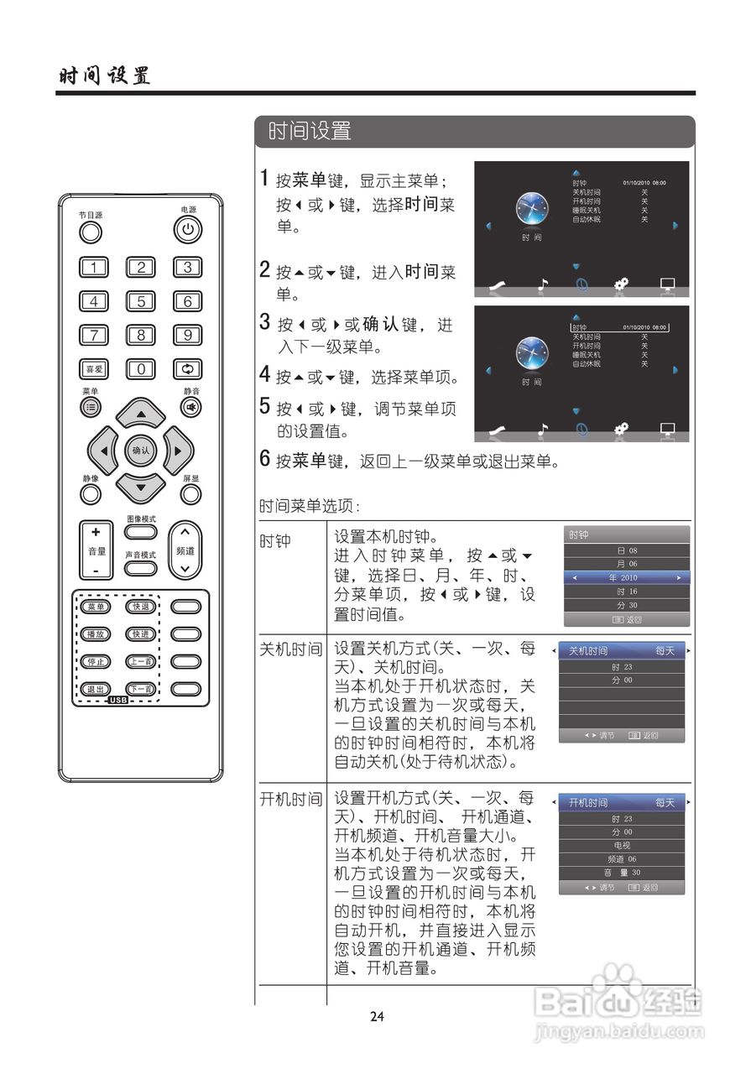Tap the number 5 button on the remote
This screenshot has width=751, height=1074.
point(141,301)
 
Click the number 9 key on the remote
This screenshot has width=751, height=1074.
point(187,335)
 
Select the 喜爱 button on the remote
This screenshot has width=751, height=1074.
point(94,368)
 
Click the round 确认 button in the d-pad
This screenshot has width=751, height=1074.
point(140,451)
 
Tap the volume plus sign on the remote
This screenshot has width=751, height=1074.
point(96,532)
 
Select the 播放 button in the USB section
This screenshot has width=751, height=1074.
point(94,634)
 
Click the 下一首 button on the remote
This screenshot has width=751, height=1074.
point(140,689)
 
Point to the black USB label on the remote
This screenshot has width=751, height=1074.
point(117,700)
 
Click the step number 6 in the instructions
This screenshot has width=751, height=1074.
point(264,460)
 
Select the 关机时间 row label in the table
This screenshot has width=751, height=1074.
point(290,650)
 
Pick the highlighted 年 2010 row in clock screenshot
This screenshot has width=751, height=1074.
point(625,578)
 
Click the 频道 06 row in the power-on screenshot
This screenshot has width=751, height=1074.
point(622,859)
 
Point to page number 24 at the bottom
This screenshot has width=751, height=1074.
point(377,1017)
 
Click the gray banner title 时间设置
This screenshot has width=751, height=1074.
point(310,132)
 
